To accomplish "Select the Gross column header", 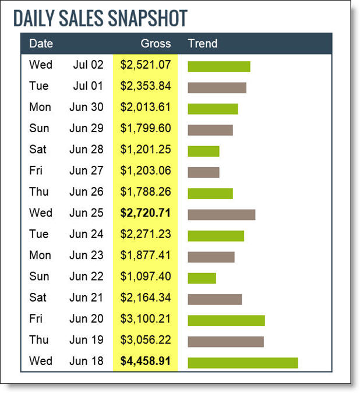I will [156, 44].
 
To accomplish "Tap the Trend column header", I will [203, 44].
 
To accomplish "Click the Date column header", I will [41, 44].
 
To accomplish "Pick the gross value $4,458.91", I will [146, 361].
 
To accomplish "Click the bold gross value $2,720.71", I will [146, 213].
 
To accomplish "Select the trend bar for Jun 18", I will [242, 363].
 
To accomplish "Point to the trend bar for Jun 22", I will [202, 278].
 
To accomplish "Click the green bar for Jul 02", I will [218, 66].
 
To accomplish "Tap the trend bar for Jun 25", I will [221, 215].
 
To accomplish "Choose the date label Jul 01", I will [88, 86].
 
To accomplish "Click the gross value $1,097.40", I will [146, 277].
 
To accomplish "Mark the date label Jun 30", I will [86, 107].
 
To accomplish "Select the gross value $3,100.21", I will [146, 319].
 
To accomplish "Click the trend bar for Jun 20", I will [226, 321].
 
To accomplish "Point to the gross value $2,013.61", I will [146, 107].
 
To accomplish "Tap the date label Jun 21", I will [86, 298].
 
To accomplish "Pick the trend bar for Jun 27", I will [203, 172].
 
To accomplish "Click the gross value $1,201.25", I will [146, 150].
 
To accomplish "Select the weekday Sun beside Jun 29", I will [39, 128].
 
